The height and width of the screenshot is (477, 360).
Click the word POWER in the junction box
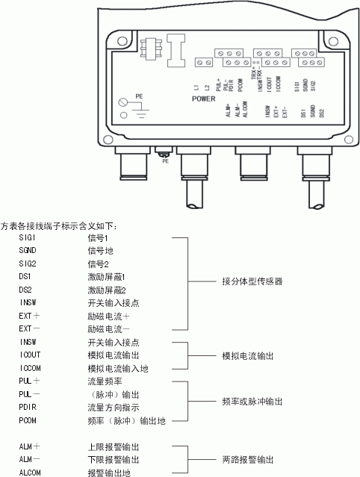coord(203,99)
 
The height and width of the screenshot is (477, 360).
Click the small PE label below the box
coord(166,160)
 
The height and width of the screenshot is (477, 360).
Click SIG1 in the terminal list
coord(28,237)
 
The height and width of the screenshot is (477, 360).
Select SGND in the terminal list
coord(28,251)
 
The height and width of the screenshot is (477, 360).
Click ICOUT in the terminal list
coord(31,355)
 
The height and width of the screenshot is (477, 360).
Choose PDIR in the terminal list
coord(28,408)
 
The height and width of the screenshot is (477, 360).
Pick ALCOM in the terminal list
coord(31,473)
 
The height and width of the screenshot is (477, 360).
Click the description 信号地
coord(99,251)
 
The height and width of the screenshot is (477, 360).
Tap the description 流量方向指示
coord(111,408)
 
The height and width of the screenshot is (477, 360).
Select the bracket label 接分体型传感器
coord(252,282)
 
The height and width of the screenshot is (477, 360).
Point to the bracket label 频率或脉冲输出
coord(252,401)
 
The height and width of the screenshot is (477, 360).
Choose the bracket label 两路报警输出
coord(248,460)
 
